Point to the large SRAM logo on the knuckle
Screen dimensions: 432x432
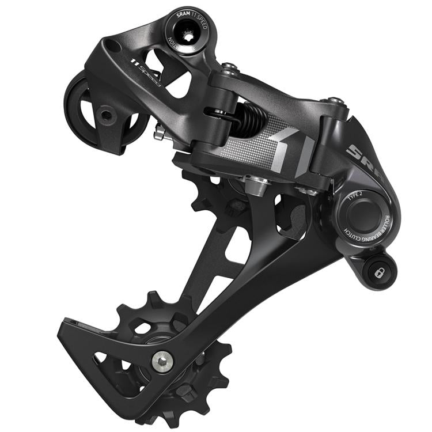point(360,156)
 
